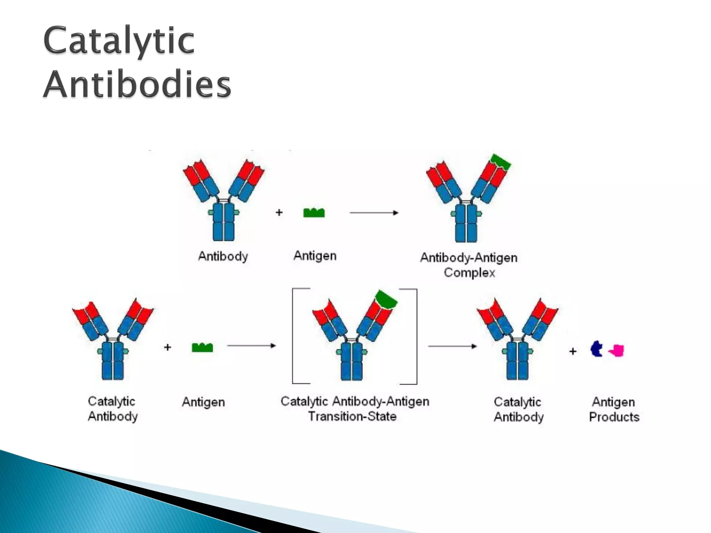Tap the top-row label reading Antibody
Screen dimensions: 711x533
223,256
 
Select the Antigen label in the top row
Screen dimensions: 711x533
315,256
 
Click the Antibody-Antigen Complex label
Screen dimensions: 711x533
469,265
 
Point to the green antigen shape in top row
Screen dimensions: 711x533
314,213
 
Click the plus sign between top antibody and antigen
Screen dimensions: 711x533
279,212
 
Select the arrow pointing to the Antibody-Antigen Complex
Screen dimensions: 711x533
374,212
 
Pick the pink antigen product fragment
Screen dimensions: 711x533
617,350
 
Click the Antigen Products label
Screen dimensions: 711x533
614,409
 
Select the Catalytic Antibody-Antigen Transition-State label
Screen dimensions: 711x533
355,409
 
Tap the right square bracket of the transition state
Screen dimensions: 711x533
416,337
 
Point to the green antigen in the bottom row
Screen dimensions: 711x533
202,347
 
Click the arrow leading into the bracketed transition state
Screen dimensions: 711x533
251,346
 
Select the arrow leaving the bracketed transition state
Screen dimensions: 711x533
452,346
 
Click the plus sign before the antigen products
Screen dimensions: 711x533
573,352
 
